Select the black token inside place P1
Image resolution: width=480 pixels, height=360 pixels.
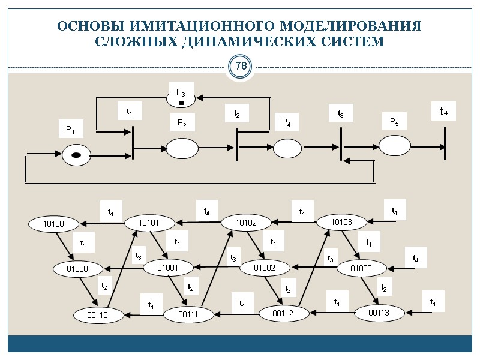coord(76,155)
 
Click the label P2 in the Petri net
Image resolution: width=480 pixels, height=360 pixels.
coord(182,124)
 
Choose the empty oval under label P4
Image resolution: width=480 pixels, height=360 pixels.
coord(287,148)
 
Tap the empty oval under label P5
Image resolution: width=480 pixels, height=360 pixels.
coord(394,145)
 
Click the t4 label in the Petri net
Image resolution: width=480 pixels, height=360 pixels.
coord(444,112)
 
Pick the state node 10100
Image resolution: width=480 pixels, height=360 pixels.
coord(53,224)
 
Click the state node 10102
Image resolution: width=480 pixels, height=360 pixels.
coord(245,223)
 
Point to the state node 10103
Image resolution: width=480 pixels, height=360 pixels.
coord(341,222)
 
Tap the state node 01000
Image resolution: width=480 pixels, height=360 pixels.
coord(77,269)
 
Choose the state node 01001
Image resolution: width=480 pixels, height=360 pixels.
coord(167,267)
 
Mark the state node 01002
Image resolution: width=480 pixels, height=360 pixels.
coord(264,267)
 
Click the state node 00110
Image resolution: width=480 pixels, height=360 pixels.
coord(97,314)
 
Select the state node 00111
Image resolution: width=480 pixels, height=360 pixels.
coord(188,313)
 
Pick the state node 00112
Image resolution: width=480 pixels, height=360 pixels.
coord(284,312)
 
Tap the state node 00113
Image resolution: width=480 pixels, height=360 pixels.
coord(379,312)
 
